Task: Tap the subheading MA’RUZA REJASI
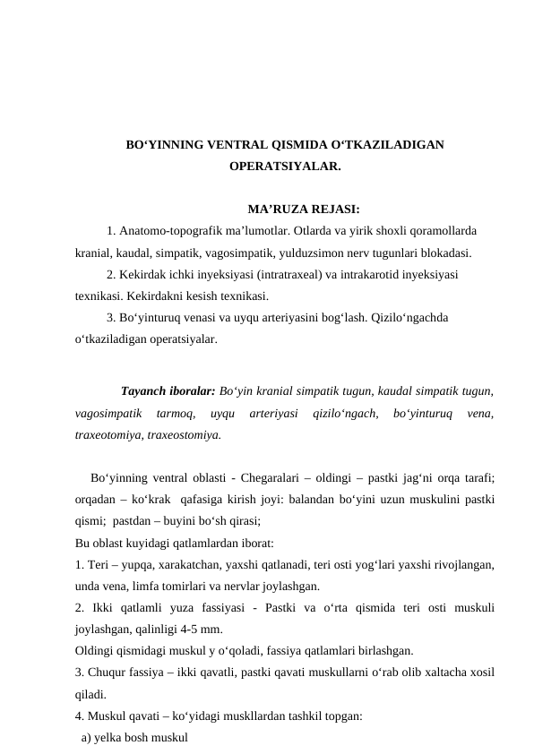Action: (x=304, y=210)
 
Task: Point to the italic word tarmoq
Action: (x=175, y=414)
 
